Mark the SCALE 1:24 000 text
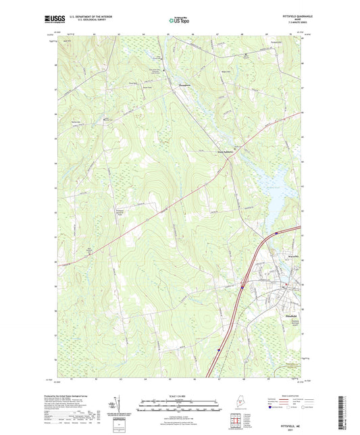pyautogui.click(x=179, y=396)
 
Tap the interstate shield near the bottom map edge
pyautogui.click(x=219, y=350)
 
